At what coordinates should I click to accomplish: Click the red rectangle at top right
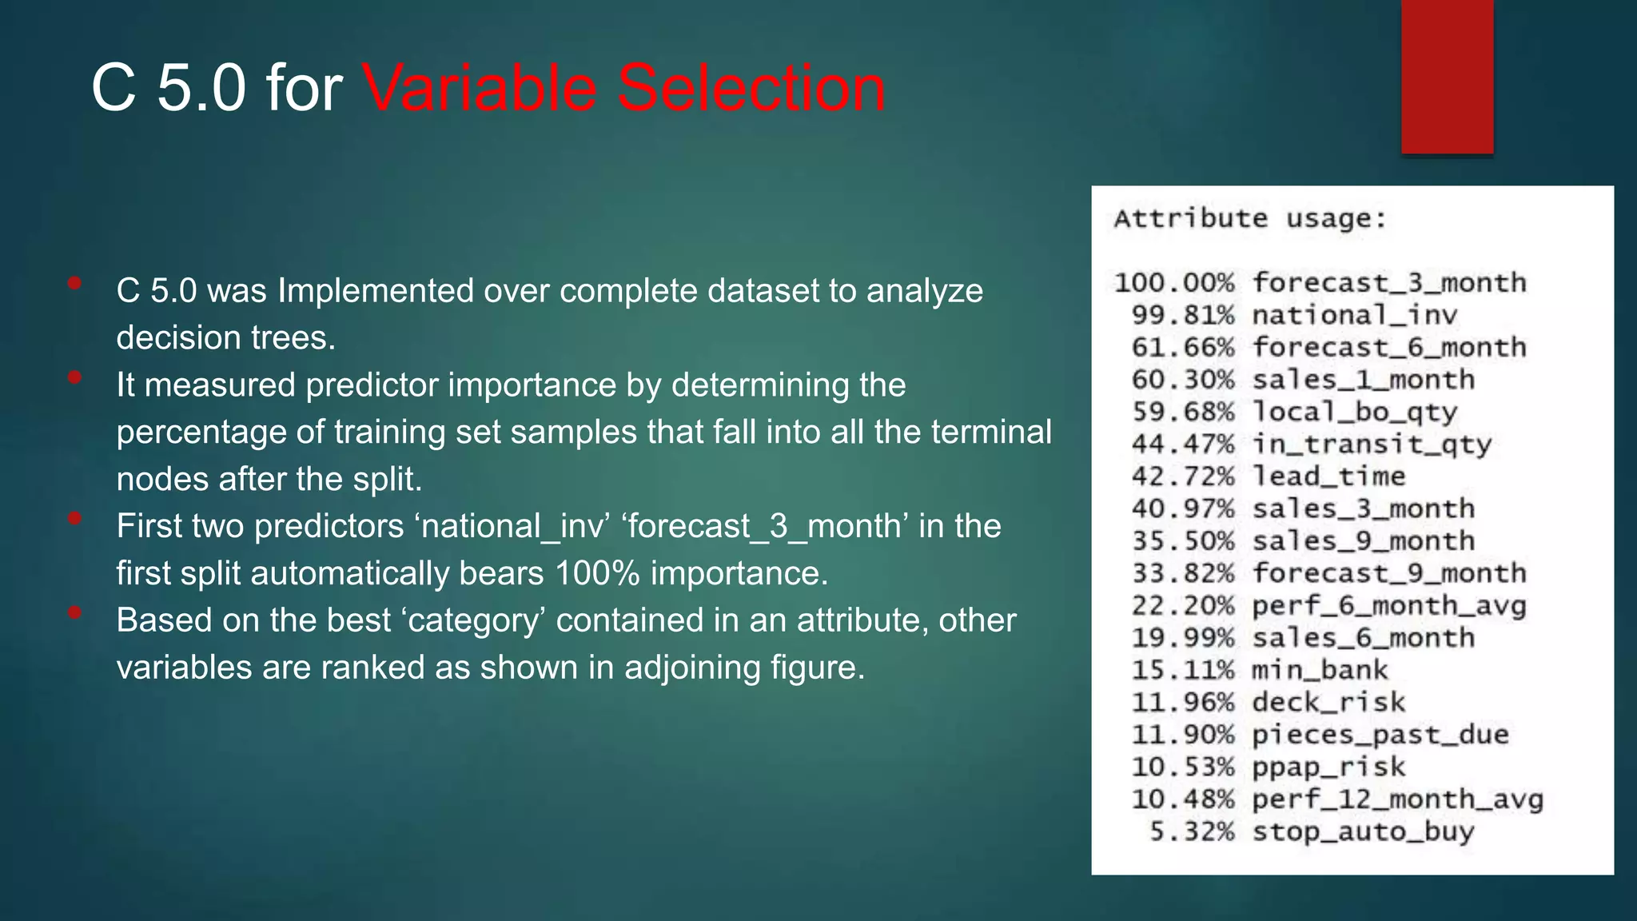[x=1447, y=76]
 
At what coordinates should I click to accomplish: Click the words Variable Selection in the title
[x=623, y=88]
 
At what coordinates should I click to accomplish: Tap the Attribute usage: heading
[x=1250, y=218]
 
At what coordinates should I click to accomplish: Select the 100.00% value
[x=1174, y=283]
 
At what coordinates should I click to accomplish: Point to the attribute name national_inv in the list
[x=1354, y=315]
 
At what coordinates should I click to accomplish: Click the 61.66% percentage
[x=1183, y=348]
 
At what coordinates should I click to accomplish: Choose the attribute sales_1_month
[x=1363, y=380]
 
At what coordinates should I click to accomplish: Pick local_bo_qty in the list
[x=1354, y=413]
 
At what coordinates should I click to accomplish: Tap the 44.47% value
[x=1183, y=445]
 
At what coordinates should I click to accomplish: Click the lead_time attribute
[x=1328, y=476]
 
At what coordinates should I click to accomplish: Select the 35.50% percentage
[x=1183, y=541]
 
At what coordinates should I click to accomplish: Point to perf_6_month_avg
[x=1388, y=606]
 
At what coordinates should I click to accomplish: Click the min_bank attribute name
[x=1319, y=670]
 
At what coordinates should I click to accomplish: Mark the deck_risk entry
[x=1328, y=703]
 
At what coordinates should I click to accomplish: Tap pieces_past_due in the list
[x=1380, y=735]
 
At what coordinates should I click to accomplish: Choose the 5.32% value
[x=1192, y=831]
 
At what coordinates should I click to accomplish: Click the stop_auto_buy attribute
[x=1363, y=831]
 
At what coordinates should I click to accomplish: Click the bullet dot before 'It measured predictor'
[x=75, y=377]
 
